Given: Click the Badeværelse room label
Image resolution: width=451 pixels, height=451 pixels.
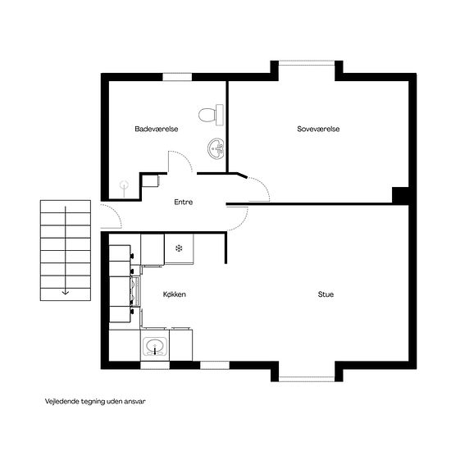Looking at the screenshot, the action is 157,129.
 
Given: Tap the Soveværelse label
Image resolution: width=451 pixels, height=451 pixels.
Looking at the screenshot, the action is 318,129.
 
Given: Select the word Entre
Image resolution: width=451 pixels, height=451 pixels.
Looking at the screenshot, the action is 183,202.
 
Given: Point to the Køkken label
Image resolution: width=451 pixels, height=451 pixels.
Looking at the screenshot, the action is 175,294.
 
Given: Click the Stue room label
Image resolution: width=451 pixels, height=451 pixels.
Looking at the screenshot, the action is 326,294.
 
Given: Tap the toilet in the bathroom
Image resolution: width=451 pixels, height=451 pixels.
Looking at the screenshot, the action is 211,115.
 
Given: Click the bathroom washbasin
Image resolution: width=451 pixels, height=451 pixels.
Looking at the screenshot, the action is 216,148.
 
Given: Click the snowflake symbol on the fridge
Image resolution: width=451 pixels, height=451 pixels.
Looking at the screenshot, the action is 179,248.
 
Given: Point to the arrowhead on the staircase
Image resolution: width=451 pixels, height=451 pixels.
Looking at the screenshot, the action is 66,293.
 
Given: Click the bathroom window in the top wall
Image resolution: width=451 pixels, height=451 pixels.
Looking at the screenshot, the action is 177,77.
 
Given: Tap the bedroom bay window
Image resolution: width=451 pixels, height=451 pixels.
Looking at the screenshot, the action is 307,63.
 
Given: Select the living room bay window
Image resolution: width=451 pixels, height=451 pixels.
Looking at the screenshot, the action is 307,379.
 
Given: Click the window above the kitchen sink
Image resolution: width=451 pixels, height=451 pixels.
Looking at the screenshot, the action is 155,365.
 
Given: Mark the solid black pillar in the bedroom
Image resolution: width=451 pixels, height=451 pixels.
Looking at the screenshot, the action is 401,194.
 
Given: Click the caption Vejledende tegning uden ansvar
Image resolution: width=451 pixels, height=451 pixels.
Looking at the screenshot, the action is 95,402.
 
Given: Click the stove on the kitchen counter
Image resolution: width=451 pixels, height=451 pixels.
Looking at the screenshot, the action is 135,291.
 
